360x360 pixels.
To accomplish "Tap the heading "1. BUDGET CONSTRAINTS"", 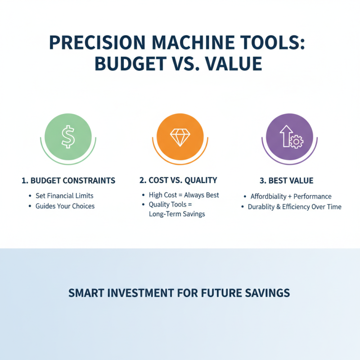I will pyautogui.click(x=68, y=180).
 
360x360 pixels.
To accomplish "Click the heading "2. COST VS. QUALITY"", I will pyautogui.click(x=178, y=180).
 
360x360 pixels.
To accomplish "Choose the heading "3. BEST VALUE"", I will pyautogui.click(x=287, y=180).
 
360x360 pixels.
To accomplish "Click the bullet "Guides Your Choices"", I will pyautogui.click(x=65, y=206).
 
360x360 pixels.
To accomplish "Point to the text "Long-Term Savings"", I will pyautogui.click(x=176, y=214).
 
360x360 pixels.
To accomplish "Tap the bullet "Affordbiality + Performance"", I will pyautogui.click(x=291, y=197).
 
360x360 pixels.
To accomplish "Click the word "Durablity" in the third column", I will pyautogui.click(x=263, y=207).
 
